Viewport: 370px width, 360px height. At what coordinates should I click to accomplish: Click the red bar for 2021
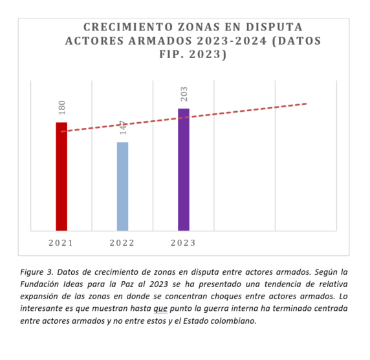pos(61,176)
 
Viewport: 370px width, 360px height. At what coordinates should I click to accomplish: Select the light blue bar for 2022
pos(123,186)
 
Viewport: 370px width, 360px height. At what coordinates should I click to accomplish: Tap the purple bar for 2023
pos(184,169)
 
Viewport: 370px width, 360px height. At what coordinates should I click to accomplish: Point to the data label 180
pos(62,108)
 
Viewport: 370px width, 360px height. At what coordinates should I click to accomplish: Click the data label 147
pos(123,127)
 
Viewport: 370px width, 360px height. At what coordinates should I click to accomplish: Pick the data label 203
pos(184,94)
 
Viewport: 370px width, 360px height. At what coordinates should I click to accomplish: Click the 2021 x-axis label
pos(61,243)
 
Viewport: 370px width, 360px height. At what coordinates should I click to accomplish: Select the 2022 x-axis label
pos(122,243)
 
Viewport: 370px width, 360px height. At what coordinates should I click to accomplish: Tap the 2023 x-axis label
pos(183,243)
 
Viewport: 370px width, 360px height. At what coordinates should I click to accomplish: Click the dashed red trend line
pos(184,118)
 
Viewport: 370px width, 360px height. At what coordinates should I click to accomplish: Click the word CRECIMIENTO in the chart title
pos(128,27)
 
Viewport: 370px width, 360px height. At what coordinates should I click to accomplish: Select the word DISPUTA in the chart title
pos(274,27)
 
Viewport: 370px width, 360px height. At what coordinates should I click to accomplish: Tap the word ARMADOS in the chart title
pos(160,41)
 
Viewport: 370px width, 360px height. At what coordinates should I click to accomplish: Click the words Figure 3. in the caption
pos(37,272)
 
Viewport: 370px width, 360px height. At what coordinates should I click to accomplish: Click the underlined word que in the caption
pos(160,308)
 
